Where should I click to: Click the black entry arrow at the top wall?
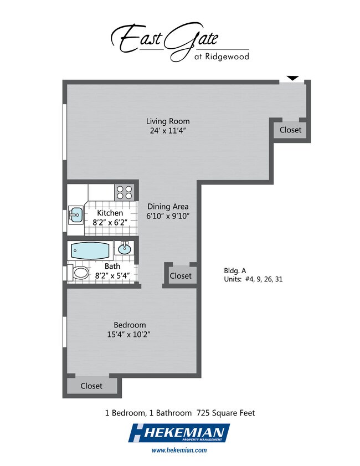(292, 78)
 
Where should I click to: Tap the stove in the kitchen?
(124, 192)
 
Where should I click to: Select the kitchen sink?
(75, 215)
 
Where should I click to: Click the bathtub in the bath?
(90, 250)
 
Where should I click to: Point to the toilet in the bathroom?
(78, 273)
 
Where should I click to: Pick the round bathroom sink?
(125, 248)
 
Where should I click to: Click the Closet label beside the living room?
(290, 130)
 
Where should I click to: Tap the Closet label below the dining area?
(181, 276)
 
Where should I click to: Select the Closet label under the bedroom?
(91, 386)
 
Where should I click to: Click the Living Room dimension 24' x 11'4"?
(168, 131)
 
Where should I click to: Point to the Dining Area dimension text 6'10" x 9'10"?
(168, 216)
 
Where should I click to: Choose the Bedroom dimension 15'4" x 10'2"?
(128, 334)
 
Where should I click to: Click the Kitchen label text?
(110, 213)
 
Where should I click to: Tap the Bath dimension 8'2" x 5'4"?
(112, 276)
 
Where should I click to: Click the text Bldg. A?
(235, 271)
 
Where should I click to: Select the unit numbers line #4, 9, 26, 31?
(264, 279)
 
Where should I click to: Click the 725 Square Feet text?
(226, 413)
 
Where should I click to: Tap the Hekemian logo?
(179, 433)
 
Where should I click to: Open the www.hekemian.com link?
(179, 450)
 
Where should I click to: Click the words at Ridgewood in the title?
(222, 56)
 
